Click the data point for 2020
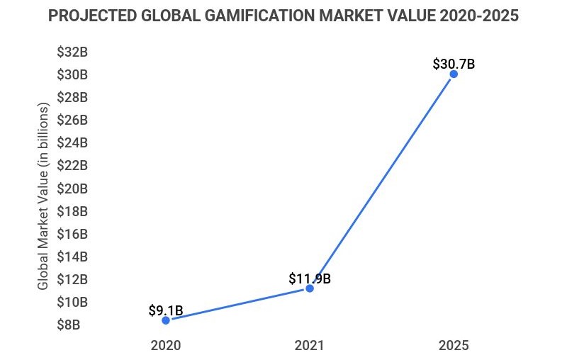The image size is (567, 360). (x=166, y=320)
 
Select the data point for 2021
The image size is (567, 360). (x=310, y=288)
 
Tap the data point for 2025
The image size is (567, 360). (x=454, y=74)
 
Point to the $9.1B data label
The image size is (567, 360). (x=166, y=310)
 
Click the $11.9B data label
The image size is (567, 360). (x=310, y=279)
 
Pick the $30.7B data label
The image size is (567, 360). (x=454, y=63)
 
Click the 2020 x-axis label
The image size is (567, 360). (x=166, y=346)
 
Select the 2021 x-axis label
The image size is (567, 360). (x=310, y=346)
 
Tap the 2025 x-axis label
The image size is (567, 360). (x=454, y=346)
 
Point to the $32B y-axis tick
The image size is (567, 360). (x=72, y=51)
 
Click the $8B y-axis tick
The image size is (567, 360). (x=72, y=325)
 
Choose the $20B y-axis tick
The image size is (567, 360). (x=72, y=189)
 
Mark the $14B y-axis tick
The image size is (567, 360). (x=72, y=257)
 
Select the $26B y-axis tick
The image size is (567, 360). (x=72, y=120)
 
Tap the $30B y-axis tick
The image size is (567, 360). (x=72, y=74)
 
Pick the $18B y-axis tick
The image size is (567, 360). (x=72, y=211)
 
